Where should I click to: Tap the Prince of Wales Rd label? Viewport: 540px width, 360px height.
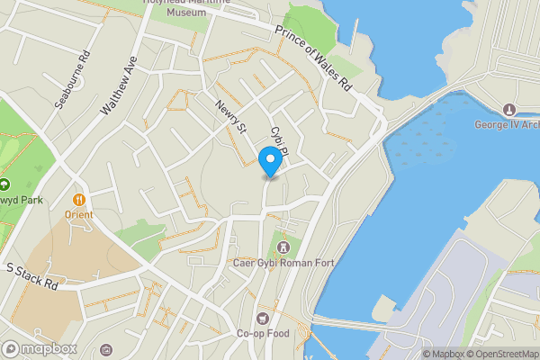coord(313,58)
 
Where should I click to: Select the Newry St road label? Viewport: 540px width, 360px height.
coord(230,116)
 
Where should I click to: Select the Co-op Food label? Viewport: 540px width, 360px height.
coord(262,334)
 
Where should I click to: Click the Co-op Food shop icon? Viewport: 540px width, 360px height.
coord(262,318)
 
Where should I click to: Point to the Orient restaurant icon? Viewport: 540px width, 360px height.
coord(79,199)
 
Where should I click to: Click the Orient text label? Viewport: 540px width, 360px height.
coord(79,215)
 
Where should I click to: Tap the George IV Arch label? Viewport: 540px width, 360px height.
coord(507,124)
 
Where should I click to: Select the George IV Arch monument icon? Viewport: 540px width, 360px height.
coord(509,109)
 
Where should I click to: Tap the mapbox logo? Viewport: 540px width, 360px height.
coord(40,348)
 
